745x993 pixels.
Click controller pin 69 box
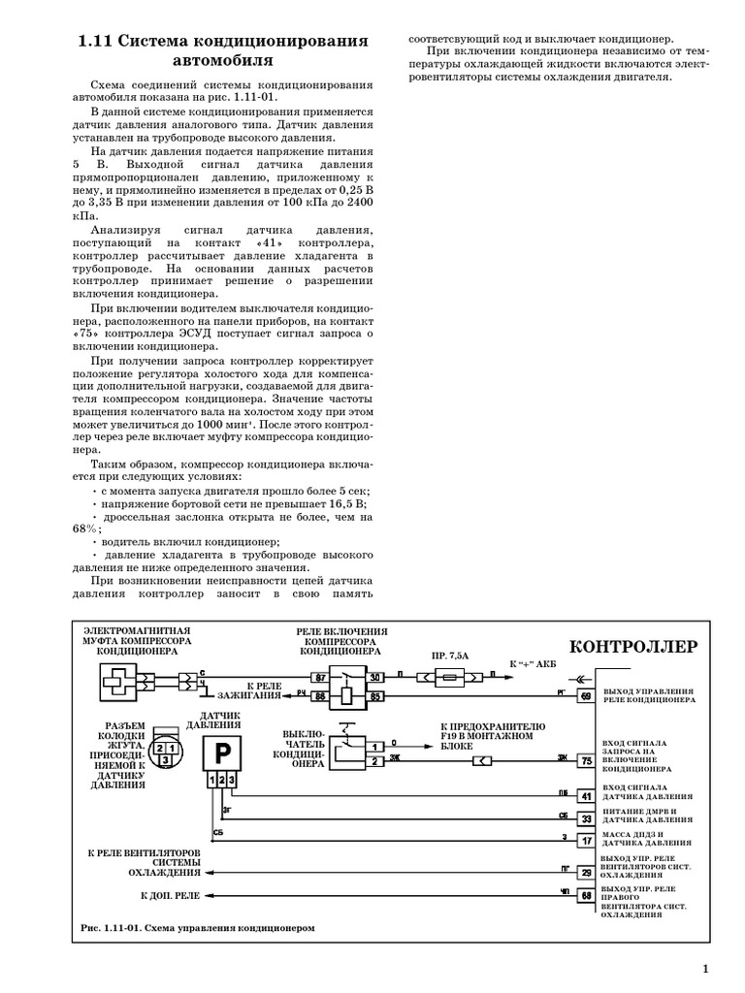pyautogui.click(x=586, y=695)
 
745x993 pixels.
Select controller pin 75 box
pyautogui.click(x=586, y=760)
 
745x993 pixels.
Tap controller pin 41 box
pyautogui.click(x=586, y=796)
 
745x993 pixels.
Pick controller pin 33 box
pyautogui.click(x=586, y=818)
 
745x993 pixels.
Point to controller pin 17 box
pyautogui.click(x=586, y=841)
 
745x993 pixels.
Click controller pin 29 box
pyautogui.click(x=586, y=873)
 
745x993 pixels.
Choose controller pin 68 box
pyautogui.click(x=586, y=896)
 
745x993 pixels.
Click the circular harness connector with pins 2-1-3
pyautogui.click(x=167, y=751)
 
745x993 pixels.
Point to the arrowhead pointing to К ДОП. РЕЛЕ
pyautogui.click(x=215, y=896)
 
